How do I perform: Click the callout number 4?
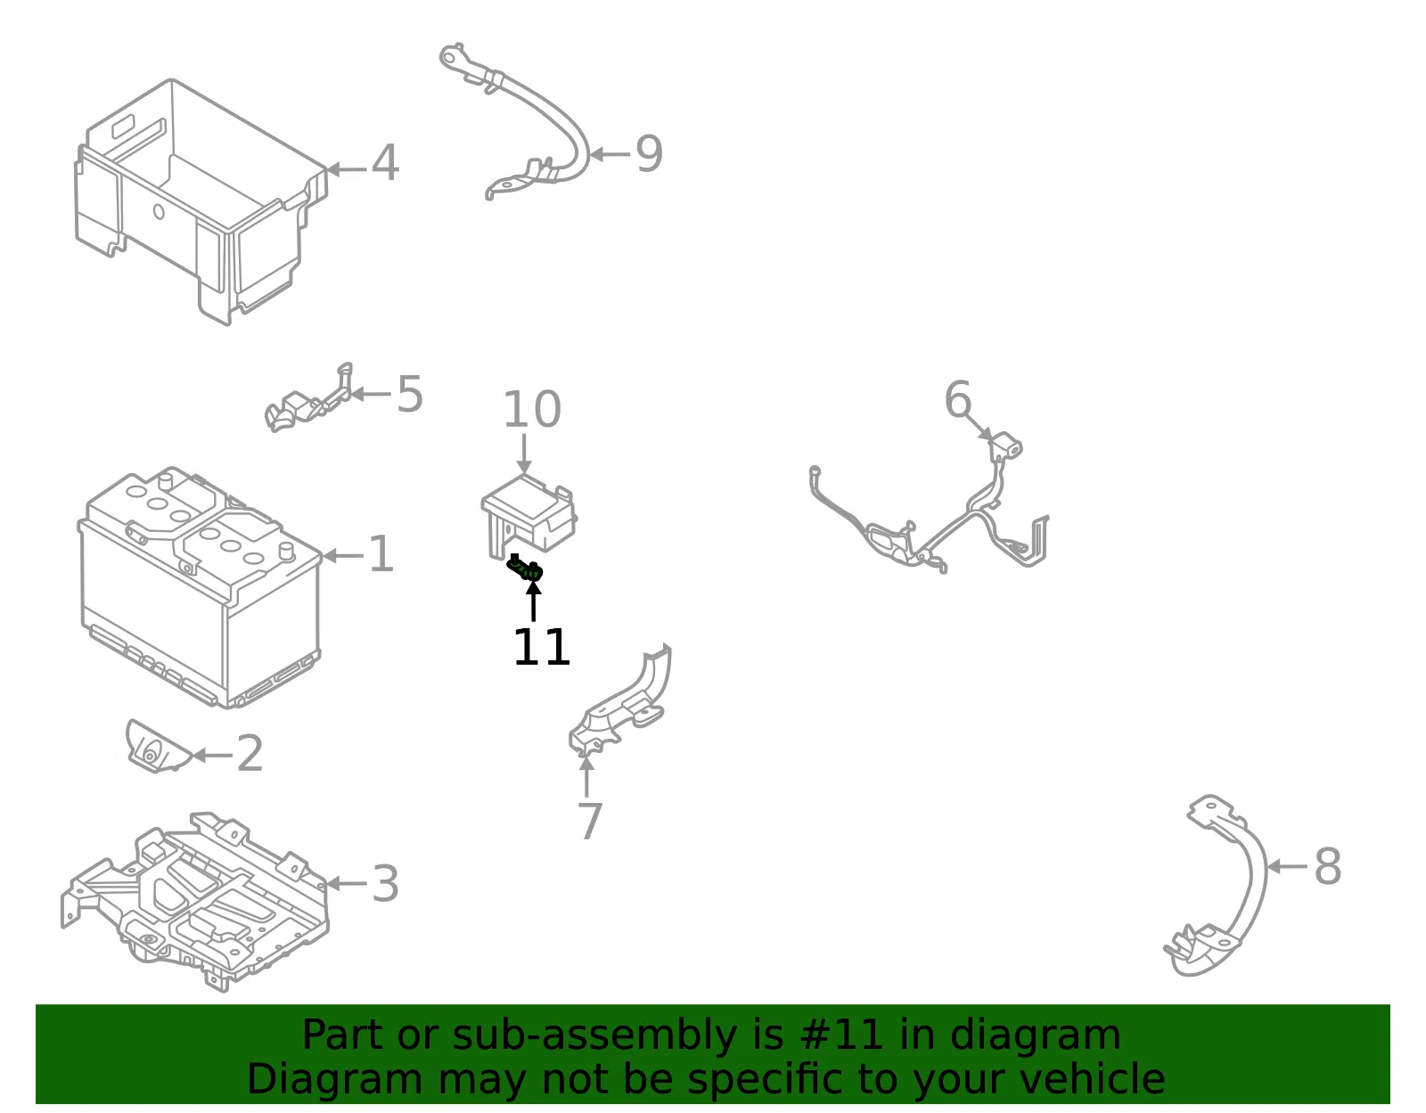point(385,163)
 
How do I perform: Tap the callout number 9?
point(649,153)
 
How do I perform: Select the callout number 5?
point(410,394)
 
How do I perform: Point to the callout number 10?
point(531,409)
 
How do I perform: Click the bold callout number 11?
point(541,647)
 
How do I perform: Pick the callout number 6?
point(957,398)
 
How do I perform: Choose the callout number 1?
point(381,554)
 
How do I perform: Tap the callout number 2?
point(250,754)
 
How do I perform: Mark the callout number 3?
point(385,883)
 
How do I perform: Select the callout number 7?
point(590,821)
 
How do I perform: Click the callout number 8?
point(1328,866)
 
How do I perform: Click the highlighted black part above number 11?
point(525,568)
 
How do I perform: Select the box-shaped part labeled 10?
point(529,515)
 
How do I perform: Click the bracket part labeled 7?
point(620,702)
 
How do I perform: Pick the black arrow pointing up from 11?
point(534,600)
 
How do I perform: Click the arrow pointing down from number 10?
point(524,454)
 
